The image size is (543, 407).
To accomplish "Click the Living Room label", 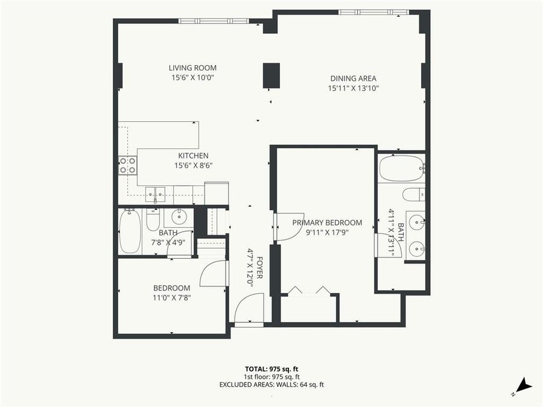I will pyautogui.click(x=192, y=68).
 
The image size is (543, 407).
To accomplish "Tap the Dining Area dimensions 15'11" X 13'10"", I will pyautogui.click(x=353, y=88).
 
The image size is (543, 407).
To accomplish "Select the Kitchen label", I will pyautogui.click(x=193, y=156).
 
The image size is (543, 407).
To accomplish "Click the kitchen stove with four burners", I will pyautogui.click(x=127, y=165).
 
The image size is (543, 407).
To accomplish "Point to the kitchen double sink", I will pyautogui.click(x=156, y=194).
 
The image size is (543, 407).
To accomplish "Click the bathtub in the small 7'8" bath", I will pyautogui.click(x=130, y=231).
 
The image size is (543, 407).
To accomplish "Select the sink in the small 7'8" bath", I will pyautogui.click(x=179, y=216).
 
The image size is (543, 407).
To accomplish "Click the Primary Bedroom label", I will pyautogui.click(x=327, y=222).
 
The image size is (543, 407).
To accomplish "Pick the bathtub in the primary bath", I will pyautogui.click(x=401, y=168).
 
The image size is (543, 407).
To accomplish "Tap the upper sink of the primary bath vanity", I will pyautogui.click(x=415, y=222).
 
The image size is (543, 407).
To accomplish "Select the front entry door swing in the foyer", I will pyautogui.click(x=249, y=308).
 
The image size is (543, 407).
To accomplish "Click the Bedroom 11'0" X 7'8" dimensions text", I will pyautogui.click(x=172, y=297).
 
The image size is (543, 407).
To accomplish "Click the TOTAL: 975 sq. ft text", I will pyautogui.click(x=271, y=368).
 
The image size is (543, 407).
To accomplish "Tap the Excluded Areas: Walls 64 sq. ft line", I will pyautogui.click(x=271, y=384).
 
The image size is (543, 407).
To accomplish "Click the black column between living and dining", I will pyautogui.click(x=271, y=75).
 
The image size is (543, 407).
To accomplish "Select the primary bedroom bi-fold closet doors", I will pyautogui.click(x=308, y=292).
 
